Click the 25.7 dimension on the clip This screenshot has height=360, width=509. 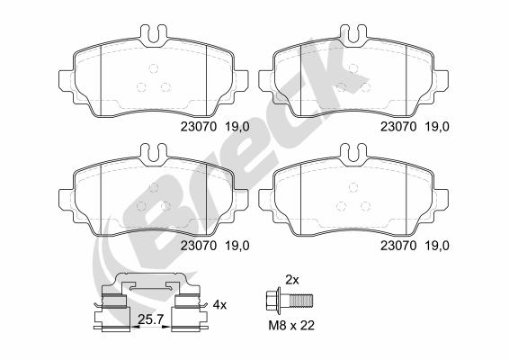coord(150,319)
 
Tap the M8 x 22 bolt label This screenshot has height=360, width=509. coord(291,325)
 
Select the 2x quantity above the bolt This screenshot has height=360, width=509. coord(292,279)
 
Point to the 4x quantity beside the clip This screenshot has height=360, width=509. coord(219,305)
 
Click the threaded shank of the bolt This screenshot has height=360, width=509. coord(301,301)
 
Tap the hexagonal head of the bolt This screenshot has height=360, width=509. coord(271,301)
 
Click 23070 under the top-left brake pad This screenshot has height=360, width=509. coord(199,126)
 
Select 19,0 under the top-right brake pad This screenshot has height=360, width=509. coord(437,126)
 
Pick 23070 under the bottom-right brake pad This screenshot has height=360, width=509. coord(398,246)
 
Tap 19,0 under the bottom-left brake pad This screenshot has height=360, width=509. coord(237,246)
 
